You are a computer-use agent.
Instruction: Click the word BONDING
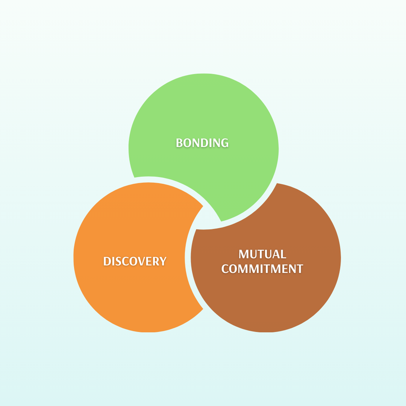pyautogui.click(x=202, y=143)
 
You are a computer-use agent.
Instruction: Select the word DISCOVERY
pyautogui.click(x=135, y=261)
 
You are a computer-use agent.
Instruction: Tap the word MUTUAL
pyautogui.click(x=262, y=254)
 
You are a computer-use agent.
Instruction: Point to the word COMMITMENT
pyautogui.click(x=262, y=269)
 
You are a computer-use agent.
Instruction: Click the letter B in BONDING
pyautogui.click(x=179, y=143)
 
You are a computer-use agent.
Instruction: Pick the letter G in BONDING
pyautogui.click(x=224, y=143)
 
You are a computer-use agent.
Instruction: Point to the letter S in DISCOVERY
pyautogui.click(x=117, y=261)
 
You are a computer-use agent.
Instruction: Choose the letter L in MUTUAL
pyautogui.click(x=283, y=254)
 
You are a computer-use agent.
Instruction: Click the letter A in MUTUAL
pyautogui.click(x=276, y=254)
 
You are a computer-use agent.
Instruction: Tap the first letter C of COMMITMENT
pyautogui.click(x=225, y=269)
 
